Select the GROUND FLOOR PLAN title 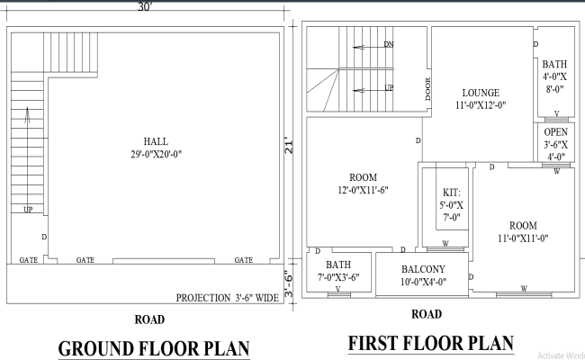(152, 347)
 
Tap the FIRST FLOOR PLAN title (430, 343)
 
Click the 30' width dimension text (144, 6)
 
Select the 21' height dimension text (290, 144)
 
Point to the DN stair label (388, 44)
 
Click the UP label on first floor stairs (388, 88)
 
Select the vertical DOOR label (428, 89)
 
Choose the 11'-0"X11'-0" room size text (523, 238)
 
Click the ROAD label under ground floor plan (148, 319)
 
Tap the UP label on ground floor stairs (29, 209)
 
